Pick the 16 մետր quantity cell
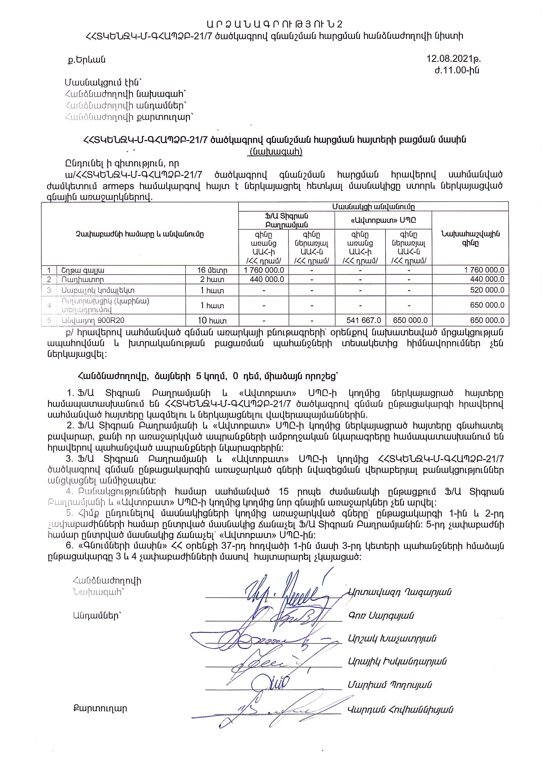coord(212,270)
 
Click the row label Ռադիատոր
coord(82,280)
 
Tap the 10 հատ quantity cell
coord(212,321)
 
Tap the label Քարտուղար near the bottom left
coord(100,709)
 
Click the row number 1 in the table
coord(49,270)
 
